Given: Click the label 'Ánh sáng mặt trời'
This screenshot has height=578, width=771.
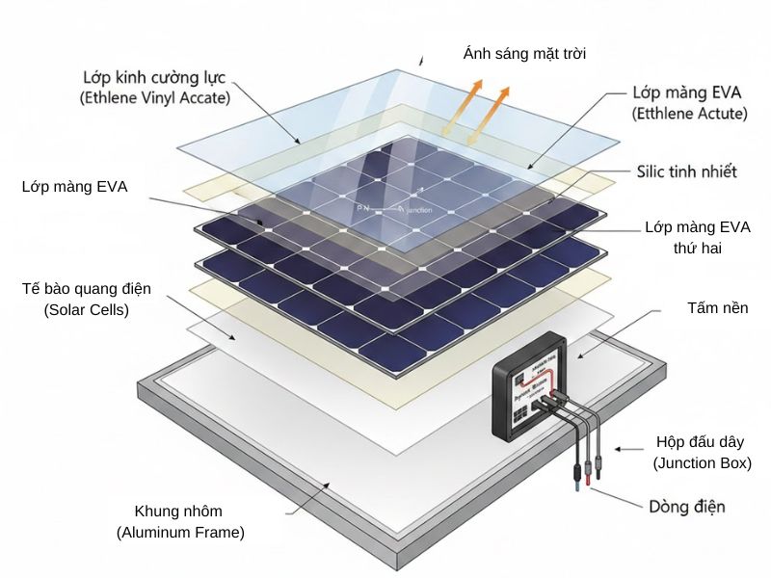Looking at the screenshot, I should click(524, 54).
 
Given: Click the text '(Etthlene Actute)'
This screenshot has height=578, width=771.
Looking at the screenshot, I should click(689, 114).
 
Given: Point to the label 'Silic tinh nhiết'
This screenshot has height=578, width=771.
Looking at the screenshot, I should click(686, 171).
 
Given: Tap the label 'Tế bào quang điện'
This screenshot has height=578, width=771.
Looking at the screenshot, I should click(86, 289).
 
